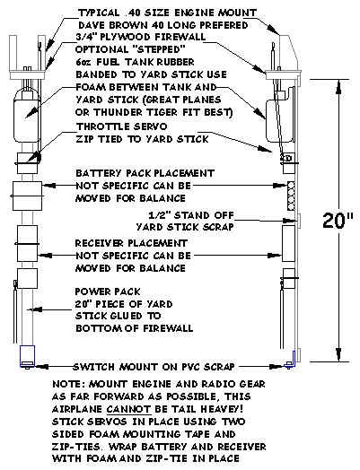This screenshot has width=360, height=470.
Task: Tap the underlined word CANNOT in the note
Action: (x=128, y=409)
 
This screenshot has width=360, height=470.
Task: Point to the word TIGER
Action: (x=161, y=112)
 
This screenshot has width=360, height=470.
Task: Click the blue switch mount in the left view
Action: (x=27, y=356)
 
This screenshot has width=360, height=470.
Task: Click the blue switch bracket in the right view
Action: (x=292, y=360)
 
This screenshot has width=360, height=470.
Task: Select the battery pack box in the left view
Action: (x=27, y=196)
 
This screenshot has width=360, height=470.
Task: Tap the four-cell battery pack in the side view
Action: (x=291, y=196)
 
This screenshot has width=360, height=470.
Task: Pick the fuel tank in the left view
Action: (x=26, y=116)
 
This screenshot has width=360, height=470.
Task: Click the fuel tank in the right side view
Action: (x=279, y=120)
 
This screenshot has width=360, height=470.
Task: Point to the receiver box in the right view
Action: (x=288, y=243)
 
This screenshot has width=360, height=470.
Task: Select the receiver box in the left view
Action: (x=27, y=243)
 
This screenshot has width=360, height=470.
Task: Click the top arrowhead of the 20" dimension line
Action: (x=338, y=86)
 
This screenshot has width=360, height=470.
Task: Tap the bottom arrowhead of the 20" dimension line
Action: (x=338, y=355)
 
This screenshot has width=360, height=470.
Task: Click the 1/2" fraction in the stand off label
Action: (x=160, y=215)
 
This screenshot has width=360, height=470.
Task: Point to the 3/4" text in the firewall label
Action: (x=86, y=37)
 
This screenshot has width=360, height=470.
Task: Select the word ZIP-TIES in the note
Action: (x=76, y=447)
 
